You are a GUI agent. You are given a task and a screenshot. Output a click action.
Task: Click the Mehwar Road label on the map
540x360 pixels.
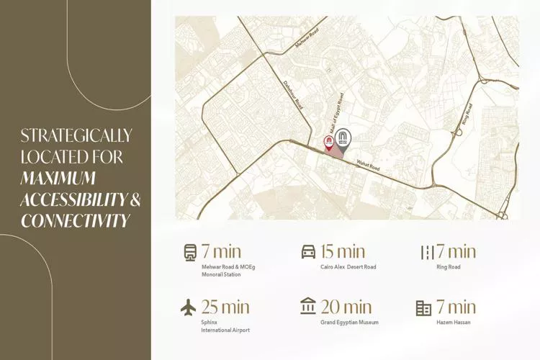pos(307,39)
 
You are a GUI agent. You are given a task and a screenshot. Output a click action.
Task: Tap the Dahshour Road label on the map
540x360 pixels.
pos(293,94)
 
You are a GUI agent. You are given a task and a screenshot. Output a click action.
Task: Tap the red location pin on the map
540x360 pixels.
pos(329,140)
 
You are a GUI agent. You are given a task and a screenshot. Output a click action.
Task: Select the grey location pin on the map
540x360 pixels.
pos(344,138)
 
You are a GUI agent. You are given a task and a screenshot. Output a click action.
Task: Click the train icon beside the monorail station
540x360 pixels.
pos(190,252)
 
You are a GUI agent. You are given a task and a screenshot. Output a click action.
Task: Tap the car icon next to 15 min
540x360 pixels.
pos(308,252)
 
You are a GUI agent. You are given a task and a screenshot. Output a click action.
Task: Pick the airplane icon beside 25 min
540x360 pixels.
pos(189,307)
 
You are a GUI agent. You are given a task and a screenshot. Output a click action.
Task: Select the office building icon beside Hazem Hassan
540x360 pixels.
pos(423,308)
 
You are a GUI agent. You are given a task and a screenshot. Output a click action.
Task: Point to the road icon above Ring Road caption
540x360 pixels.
pos(427,252)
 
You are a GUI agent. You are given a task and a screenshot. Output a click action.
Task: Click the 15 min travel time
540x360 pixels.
pos(342,252)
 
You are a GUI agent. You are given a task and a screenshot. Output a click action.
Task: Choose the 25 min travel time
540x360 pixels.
pos(225,307)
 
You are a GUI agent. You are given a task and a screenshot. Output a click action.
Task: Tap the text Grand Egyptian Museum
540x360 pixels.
pos(349,323)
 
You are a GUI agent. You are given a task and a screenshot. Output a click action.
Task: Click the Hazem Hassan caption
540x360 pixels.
pos(454,323)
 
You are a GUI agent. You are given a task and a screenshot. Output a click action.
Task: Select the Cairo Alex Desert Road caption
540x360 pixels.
pos(348,267)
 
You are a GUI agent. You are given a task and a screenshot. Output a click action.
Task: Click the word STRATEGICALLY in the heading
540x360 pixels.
pos(76,135)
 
